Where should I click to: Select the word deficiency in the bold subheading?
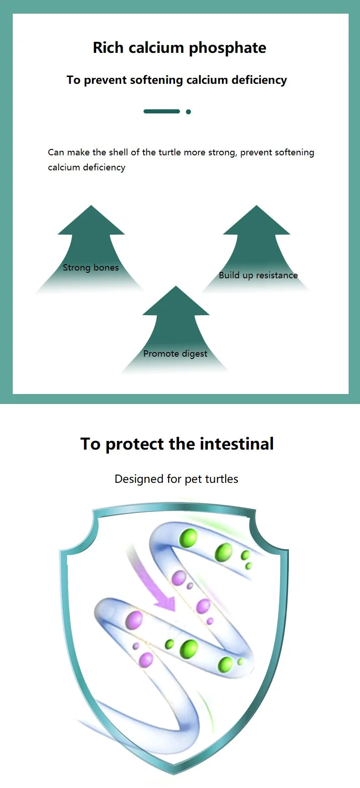(x=259, y=80)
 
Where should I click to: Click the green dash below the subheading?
(x=162, y=111)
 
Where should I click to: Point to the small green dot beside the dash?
(x=188, y=112)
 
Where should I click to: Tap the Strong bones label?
(x=91, y=267)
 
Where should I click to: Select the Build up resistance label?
(x=258, y=275)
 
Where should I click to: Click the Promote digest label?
(x=175, y=353)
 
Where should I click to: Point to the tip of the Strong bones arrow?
(x=91, y=205)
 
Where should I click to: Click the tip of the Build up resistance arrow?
(x=256, y=205)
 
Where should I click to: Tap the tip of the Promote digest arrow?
(x=175, y=286)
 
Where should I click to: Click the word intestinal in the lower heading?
(x=237, y=444)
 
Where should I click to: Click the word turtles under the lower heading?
(x=222, y=479)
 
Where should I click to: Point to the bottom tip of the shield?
(x=174, y=773)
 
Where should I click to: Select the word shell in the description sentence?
(x=118, y=152)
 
